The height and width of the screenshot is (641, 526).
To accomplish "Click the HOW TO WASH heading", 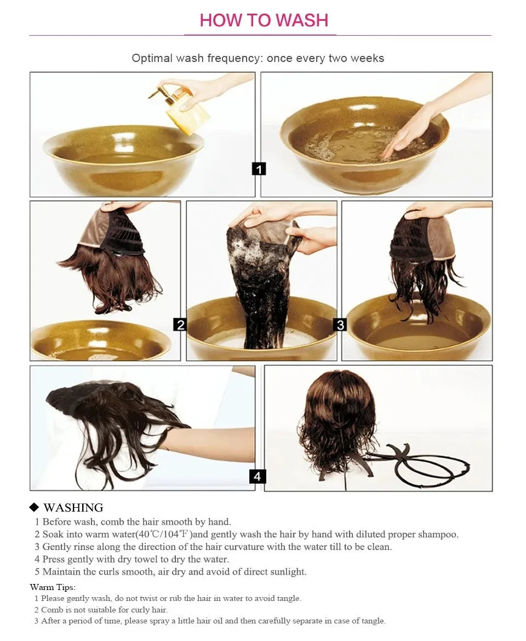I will click(x=264, y=20).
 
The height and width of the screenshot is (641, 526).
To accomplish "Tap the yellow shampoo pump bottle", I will click(x=190, y=111).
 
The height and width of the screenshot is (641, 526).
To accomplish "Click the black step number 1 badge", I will click(x=259, y=169).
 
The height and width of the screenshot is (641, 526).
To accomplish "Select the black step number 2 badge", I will click(x=180, y=325).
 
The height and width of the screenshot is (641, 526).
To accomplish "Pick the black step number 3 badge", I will click(x=340, y=325).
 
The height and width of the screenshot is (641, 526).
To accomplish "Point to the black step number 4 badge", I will click(x=257, y=476).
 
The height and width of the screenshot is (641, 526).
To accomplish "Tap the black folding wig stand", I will click(x=422, y=463).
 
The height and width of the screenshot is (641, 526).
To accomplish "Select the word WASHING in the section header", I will click(x=73, y=508).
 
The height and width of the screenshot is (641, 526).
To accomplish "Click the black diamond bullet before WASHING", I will click(x=34, y=507).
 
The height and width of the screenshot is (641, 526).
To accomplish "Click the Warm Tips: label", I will click(x=53, y=587).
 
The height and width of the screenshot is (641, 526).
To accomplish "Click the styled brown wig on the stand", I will click(x=337, y=422).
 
